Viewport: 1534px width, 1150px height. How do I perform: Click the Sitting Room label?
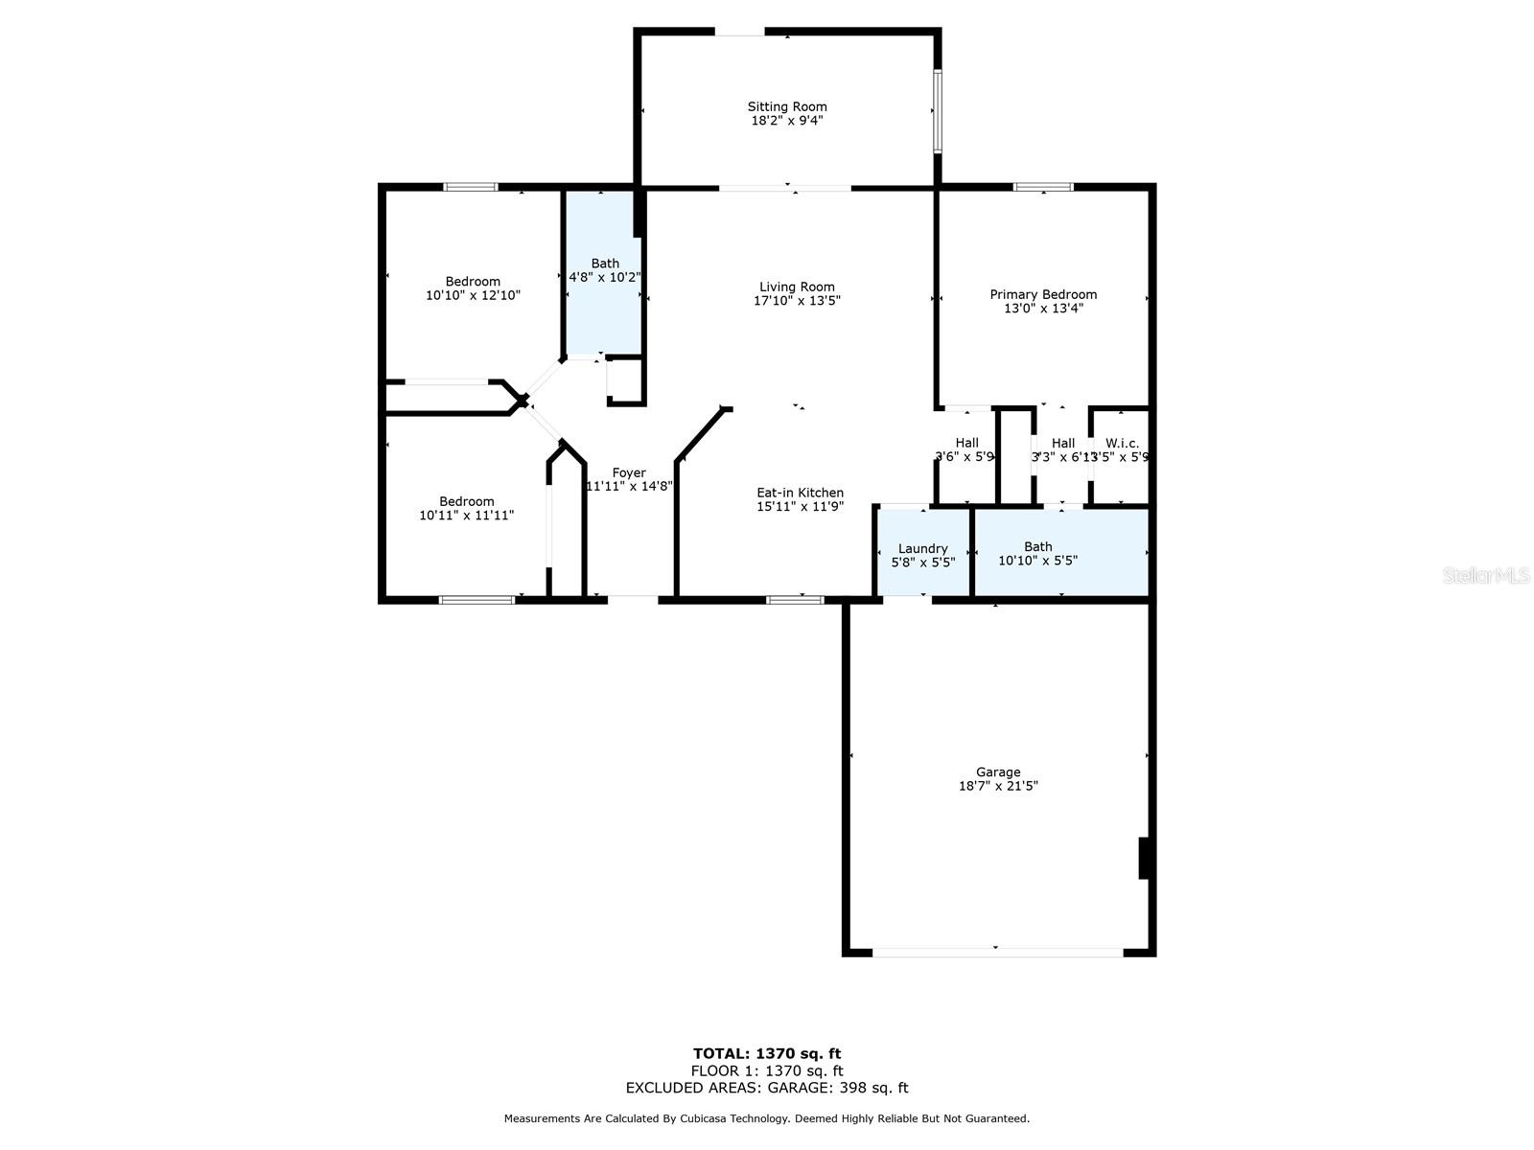click(787, 106)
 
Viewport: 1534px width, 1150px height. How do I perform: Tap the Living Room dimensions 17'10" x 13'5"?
click(797, 301)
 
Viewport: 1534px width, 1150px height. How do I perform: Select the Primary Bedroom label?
click(1043, 294)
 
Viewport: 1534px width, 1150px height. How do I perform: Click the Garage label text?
click(998, 771)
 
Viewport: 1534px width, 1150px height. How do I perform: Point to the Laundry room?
click(922, 555)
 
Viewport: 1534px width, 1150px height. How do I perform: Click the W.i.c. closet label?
click(1122, 443)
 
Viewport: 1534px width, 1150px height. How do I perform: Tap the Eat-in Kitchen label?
click(800, 493)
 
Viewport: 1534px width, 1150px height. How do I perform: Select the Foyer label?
click(629, 472)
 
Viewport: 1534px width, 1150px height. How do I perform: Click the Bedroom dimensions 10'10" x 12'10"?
click(473, 296)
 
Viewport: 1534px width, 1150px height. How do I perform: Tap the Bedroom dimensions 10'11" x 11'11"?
click(466, 516)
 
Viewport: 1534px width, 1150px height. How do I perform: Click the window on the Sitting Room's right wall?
click(938, 109)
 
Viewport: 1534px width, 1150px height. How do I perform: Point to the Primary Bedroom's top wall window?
click(1043, 187)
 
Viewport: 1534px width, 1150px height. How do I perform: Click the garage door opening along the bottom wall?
click(997, 952)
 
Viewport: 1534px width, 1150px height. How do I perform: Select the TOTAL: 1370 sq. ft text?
click(767, 1053)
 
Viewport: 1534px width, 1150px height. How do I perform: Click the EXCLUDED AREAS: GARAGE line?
click(767, 1088)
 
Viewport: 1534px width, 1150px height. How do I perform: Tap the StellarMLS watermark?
click(1486, 576)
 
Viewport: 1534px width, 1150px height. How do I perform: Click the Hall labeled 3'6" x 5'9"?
click(965, 450)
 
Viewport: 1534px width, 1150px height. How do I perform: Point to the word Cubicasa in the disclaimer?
click(708, 1118)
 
